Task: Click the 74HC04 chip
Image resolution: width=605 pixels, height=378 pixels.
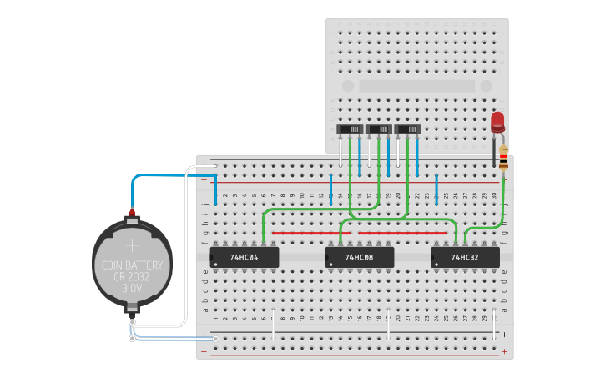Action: [244, 258]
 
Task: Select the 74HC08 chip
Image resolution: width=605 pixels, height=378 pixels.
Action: [358, 258]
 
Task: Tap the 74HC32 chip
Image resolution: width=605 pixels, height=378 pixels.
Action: [465, 258]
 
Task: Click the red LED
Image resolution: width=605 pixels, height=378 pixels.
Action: [498, 122]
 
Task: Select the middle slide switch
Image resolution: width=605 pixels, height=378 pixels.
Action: [379, 129]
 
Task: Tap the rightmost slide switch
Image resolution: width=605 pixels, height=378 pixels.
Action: [407, 129]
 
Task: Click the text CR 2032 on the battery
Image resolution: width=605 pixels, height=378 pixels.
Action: [132, 276]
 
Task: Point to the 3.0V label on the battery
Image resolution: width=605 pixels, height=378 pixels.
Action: [132, 288]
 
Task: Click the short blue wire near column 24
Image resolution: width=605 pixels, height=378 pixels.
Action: [436, 189]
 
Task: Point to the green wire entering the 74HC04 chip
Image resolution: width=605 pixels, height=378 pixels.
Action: [264, 225]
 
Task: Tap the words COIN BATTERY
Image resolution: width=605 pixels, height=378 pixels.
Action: [132, 265]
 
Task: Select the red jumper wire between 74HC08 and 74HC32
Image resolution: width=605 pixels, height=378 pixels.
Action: [401, 234]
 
